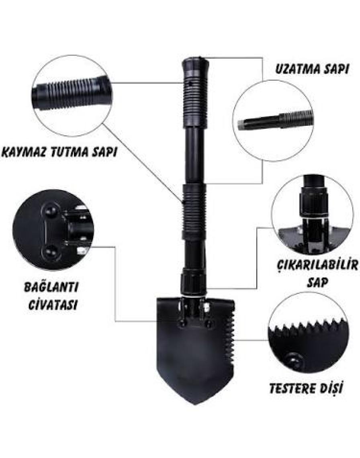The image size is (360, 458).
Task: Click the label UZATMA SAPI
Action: point(312,69)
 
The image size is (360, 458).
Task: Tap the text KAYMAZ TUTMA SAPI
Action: point(59,152)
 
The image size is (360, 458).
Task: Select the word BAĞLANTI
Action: point(51,288)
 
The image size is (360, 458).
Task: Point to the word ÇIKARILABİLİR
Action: point(317,266)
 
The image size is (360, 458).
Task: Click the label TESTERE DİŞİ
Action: point(306,388)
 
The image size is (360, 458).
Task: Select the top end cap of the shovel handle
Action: point(196,66)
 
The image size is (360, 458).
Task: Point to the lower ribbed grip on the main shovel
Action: point(194,210)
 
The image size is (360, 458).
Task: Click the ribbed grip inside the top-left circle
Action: point(71,92)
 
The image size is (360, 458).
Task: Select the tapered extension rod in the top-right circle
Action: point(275,120)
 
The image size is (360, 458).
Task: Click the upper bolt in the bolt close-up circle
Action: point(50,210)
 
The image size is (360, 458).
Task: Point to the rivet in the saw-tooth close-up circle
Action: point(294,360)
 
